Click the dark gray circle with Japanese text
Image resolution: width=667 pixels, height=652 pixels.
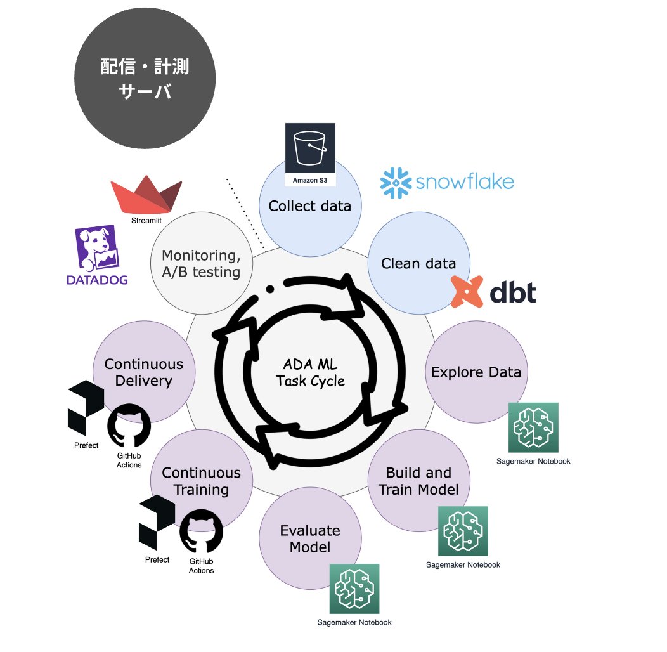(x=145, y=79)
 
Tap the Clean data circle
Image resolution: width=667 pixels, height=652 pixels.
(x=418, y=263)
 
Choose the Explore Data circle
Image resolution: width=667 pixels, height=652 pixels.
(x=476, y=372)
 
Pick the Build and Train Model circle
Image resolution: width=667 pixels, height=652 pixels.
(x=418, y=481)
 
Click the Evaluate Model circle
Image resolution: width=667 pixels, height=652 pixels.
(x=309, y=538)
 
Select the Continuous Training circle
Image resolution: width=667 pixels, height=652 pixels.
(x=201, y=481)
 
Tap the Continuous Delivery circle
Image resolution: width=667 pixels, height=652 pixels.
(x=143, y=372)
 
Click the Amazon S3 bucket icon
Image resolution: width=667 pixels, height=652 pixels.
(x=310, y=150)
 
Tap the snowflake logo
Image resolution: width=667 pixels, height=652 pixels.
(x=447, y=182)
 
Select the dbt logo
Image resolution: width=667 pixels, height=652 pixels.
(x=494, y=292)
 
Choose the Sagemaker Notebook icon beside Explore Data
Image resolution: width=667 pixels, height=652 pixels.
(x=533, y=427)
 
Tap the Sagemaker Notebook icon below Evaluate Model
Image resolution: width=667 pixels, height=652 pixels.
(x=354, y=589)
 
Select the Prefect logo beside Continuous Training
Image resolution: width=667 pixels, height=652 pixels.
(x=157, y=523)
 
